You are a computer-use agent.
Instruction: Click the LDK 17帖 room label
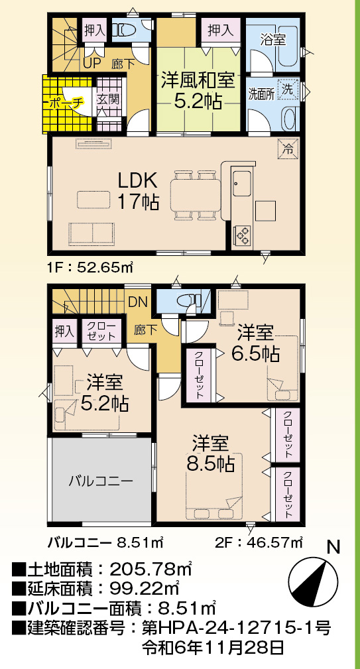[x=138, y=191]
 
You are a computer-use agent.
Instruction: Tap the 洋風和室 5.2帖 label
[x=198, y=90]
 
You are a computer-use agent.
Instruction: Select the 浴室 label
[x=273, y=40]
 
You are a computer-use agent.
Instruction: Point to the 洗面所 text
[x=261, y=93]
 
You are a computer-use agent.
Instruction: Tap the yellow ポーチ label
[x=67, y=102]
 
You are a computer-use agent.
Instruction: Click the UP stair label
[x=91, y=64]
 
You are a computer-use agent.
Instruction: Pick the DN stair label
[x=138, y=302]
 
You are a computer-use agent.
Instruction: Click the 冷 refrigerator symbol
[x=288, y=149]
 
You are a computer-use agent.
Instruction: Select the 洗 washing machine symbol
[x=288, y=90]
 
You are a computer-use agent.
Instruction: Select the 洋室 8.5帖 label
[x=210, y=453]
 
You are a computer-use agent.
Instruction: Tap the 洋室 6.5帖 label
[x=255, y=342]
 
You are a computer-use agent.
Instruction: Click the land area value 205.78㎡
[x=150, y=569]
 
